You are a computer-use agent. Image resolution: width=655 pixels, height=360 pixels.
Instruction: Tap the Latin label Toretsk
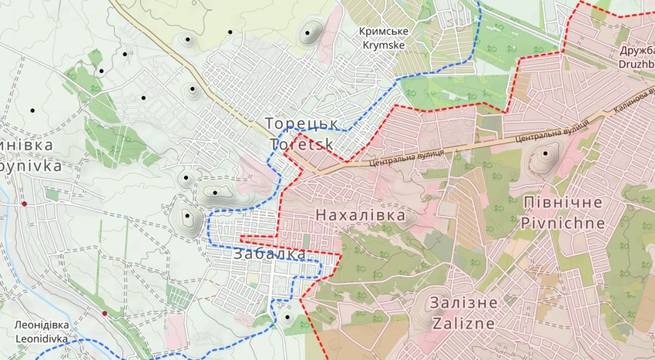click(x=302, y=144)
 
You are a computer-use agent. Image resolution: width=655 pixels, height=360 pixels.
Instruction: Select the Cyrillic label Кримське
click(x=383, y=31)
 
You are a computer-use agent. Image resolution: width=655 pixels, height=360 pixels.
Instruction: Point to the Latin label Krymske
click(x=383, y=45)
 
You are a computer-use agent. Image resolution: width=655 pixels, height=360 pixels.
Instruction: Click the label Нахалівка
click(x=360, y=215)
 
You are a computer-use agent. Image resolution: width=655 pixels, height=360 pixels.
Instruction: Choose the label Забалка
click(x=269, y=254)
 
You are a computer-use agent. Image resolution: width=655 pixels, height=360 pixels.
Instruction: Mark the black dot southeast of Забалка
click(x=287, y=317)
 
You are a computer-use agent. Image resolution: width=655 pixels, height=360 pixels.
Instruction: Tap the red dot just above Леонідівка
click(x=105, y=313)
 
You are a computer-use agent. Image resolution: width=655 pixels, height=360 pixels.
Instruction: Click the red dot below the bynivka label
click(x=25, y=204)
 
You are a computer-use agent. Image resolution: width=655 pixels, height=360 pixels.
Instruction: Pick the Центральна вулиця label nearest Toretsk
click(x=406, y=158)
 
